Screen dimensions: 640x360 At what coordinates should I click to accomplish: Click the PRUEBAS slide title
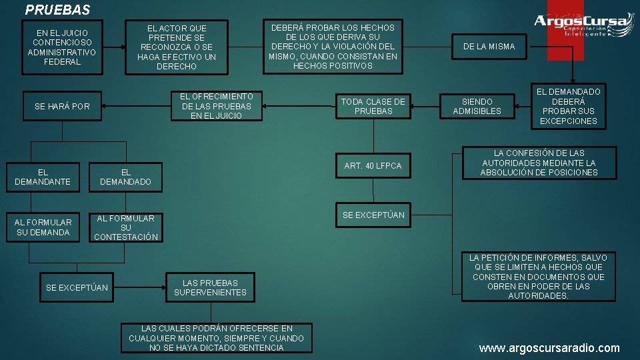click(57, 11)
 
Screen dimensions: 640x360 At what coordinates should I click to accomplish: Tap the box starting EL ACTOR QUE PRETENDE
click(177, 47)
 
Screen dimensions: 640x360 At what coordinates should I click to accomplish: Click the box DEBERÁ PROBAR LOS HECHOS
click(333, 47)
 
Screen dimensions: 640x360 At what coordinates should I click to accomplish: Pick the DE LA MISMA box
click(489, 47)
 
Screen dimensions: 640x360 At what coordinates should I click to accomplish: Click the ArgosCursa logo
click(583, 25)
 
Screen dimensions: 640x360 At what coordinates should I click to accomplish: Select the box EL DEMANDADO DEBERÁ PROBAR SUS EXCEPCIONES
click(569, 107)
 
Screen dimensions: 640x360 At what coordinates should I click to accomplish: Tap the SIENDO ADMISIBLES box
click(477, 107)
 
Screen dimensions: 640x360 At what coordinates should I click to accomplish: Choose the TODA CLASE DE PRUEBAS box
click(373, 107)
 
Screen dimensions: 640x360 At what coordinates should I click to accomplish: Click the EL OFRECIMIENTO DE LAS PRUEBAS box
click(217, 106)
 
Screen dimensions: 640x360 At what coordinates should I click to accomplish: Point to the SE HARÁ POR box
click(62, 107)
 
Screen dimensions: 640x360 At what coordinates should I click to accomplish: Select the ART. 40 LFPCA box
click(373, 166)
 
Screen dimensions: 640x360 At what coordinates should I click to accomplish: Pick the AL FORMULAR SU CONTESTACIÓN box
click(126, 228)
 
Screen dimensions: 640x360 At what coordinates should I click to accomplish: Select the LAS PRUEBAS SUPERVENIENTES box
click(210, 288)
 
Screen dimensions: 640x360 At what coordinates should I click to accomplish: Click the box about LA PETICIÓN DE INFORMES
click(538, 277)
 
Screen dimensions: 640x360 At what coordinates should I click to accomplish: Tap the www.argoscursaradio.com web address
click(549, 348)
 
